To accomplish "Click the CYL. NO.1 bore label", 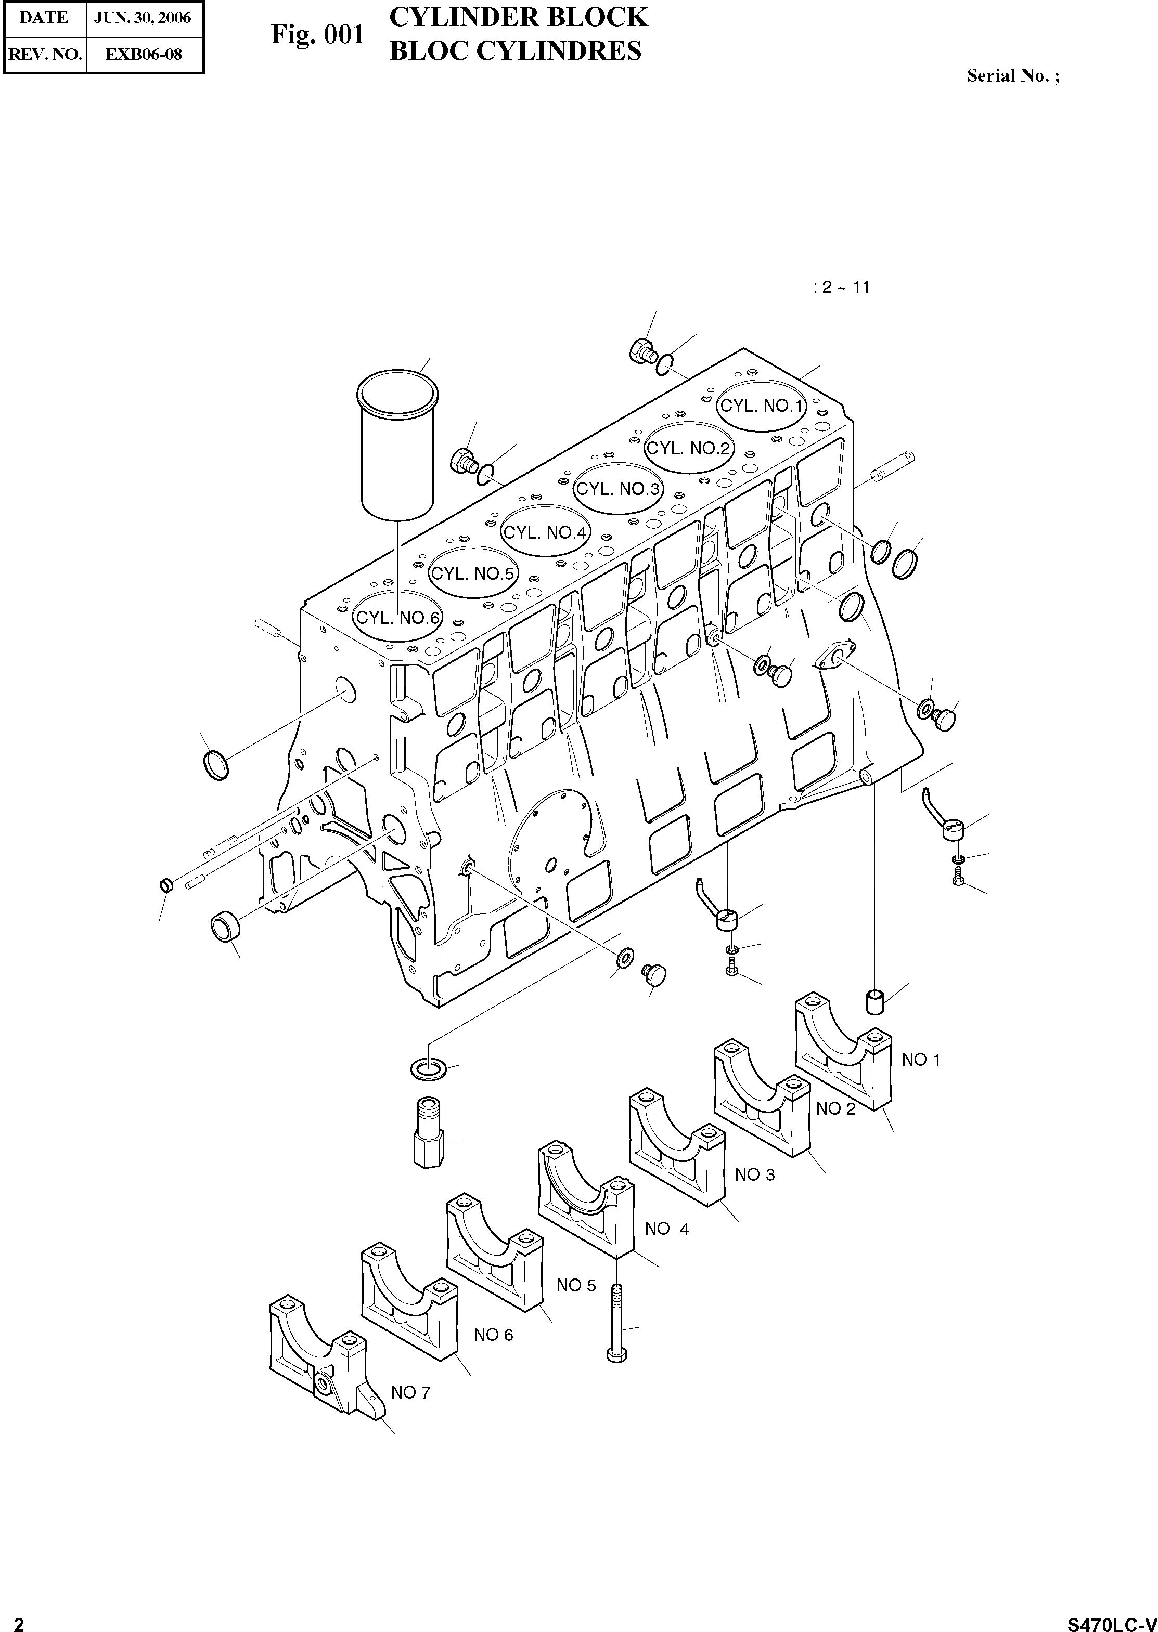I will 762,406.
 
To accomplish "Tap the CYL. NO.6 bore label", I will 398,618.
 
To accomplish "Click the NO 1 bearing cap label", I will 921,1060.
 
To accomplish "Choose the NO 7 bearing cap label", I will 411,1392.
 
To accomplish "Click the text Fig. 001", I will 317,34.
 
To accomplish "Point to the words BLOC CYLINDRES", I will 515,51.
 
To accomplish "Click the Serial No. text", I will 1012,75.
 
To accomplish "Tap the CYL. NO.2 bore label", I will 688,448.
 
